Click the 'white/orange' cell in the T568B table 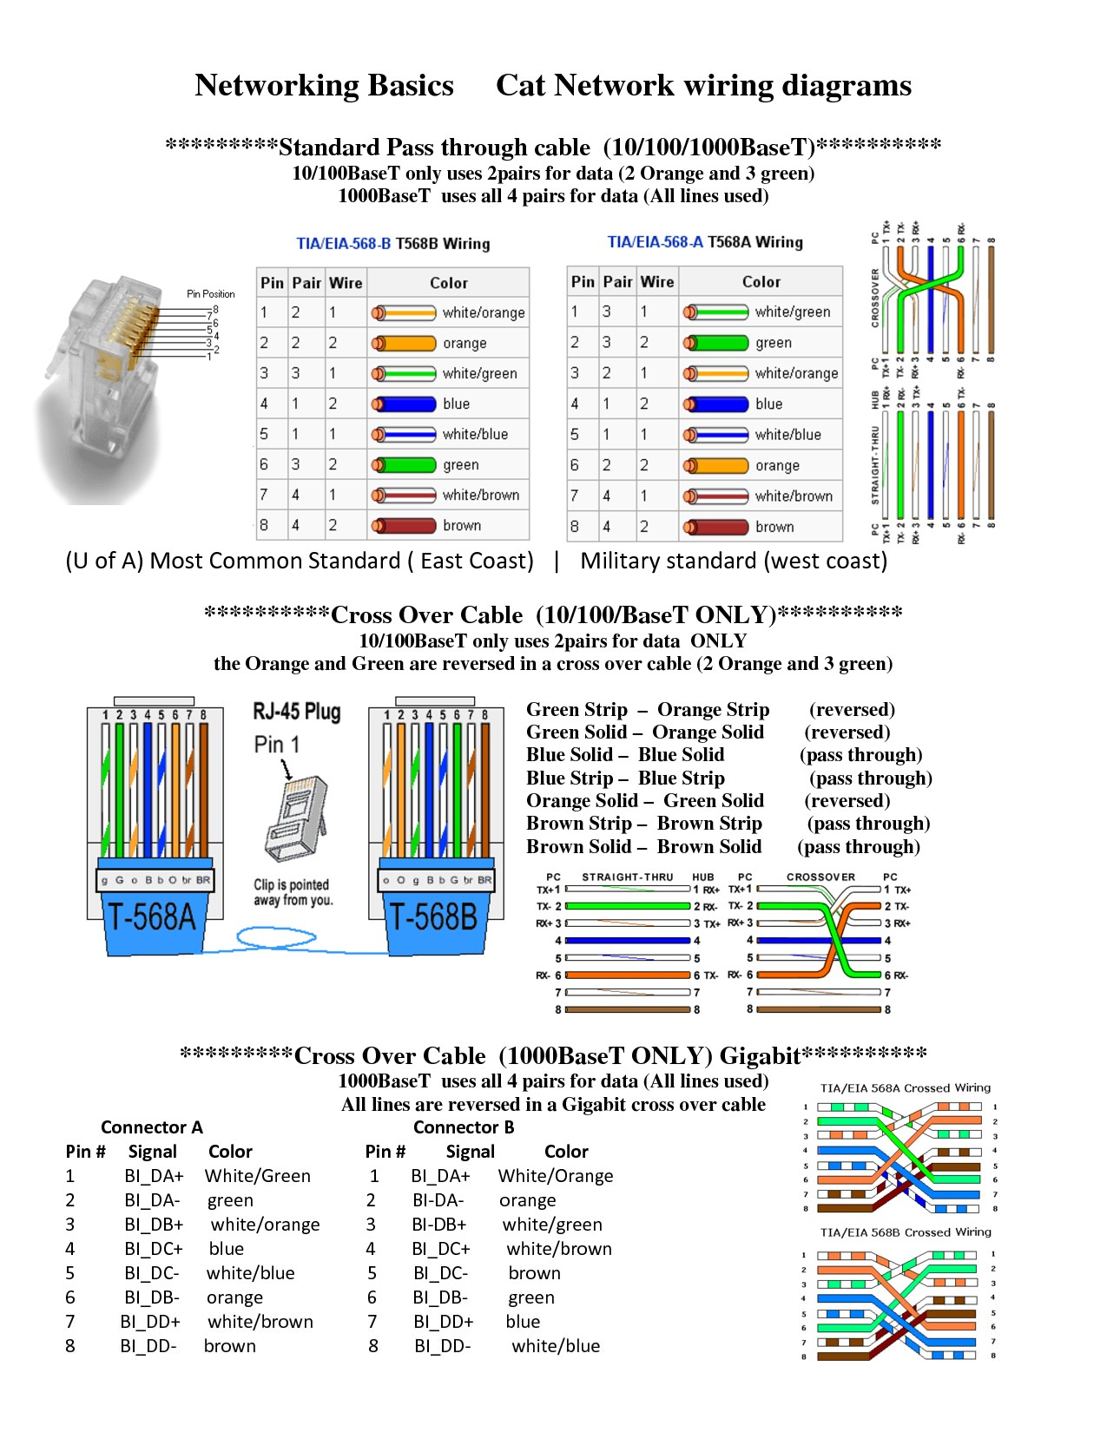(483, 312)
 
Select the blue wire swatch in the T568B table (404, 404)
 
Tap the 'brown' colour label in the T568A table (774, 527)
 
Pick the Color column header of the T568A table (761, 281)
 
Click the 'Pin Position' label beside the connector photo (211, 293)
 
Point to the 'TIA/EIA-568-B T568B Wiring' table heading (393, 244)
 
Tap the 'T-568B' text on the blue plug (432, 917)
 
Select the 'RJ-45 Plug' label (297, 712)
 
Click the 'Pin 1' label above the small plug (277, 745)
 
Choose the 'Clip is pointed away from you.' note (292, 892)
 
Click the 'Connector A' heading (152, 1127)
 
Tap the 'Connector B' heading (464, 1127)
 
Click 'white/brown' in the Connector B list (559, 1249)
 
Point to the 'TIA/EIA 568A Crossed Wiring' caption (906, 1087)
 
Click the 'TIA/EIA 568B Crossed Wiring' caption (906, 1232)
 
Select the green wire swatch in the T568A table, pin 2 (716, 343)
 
